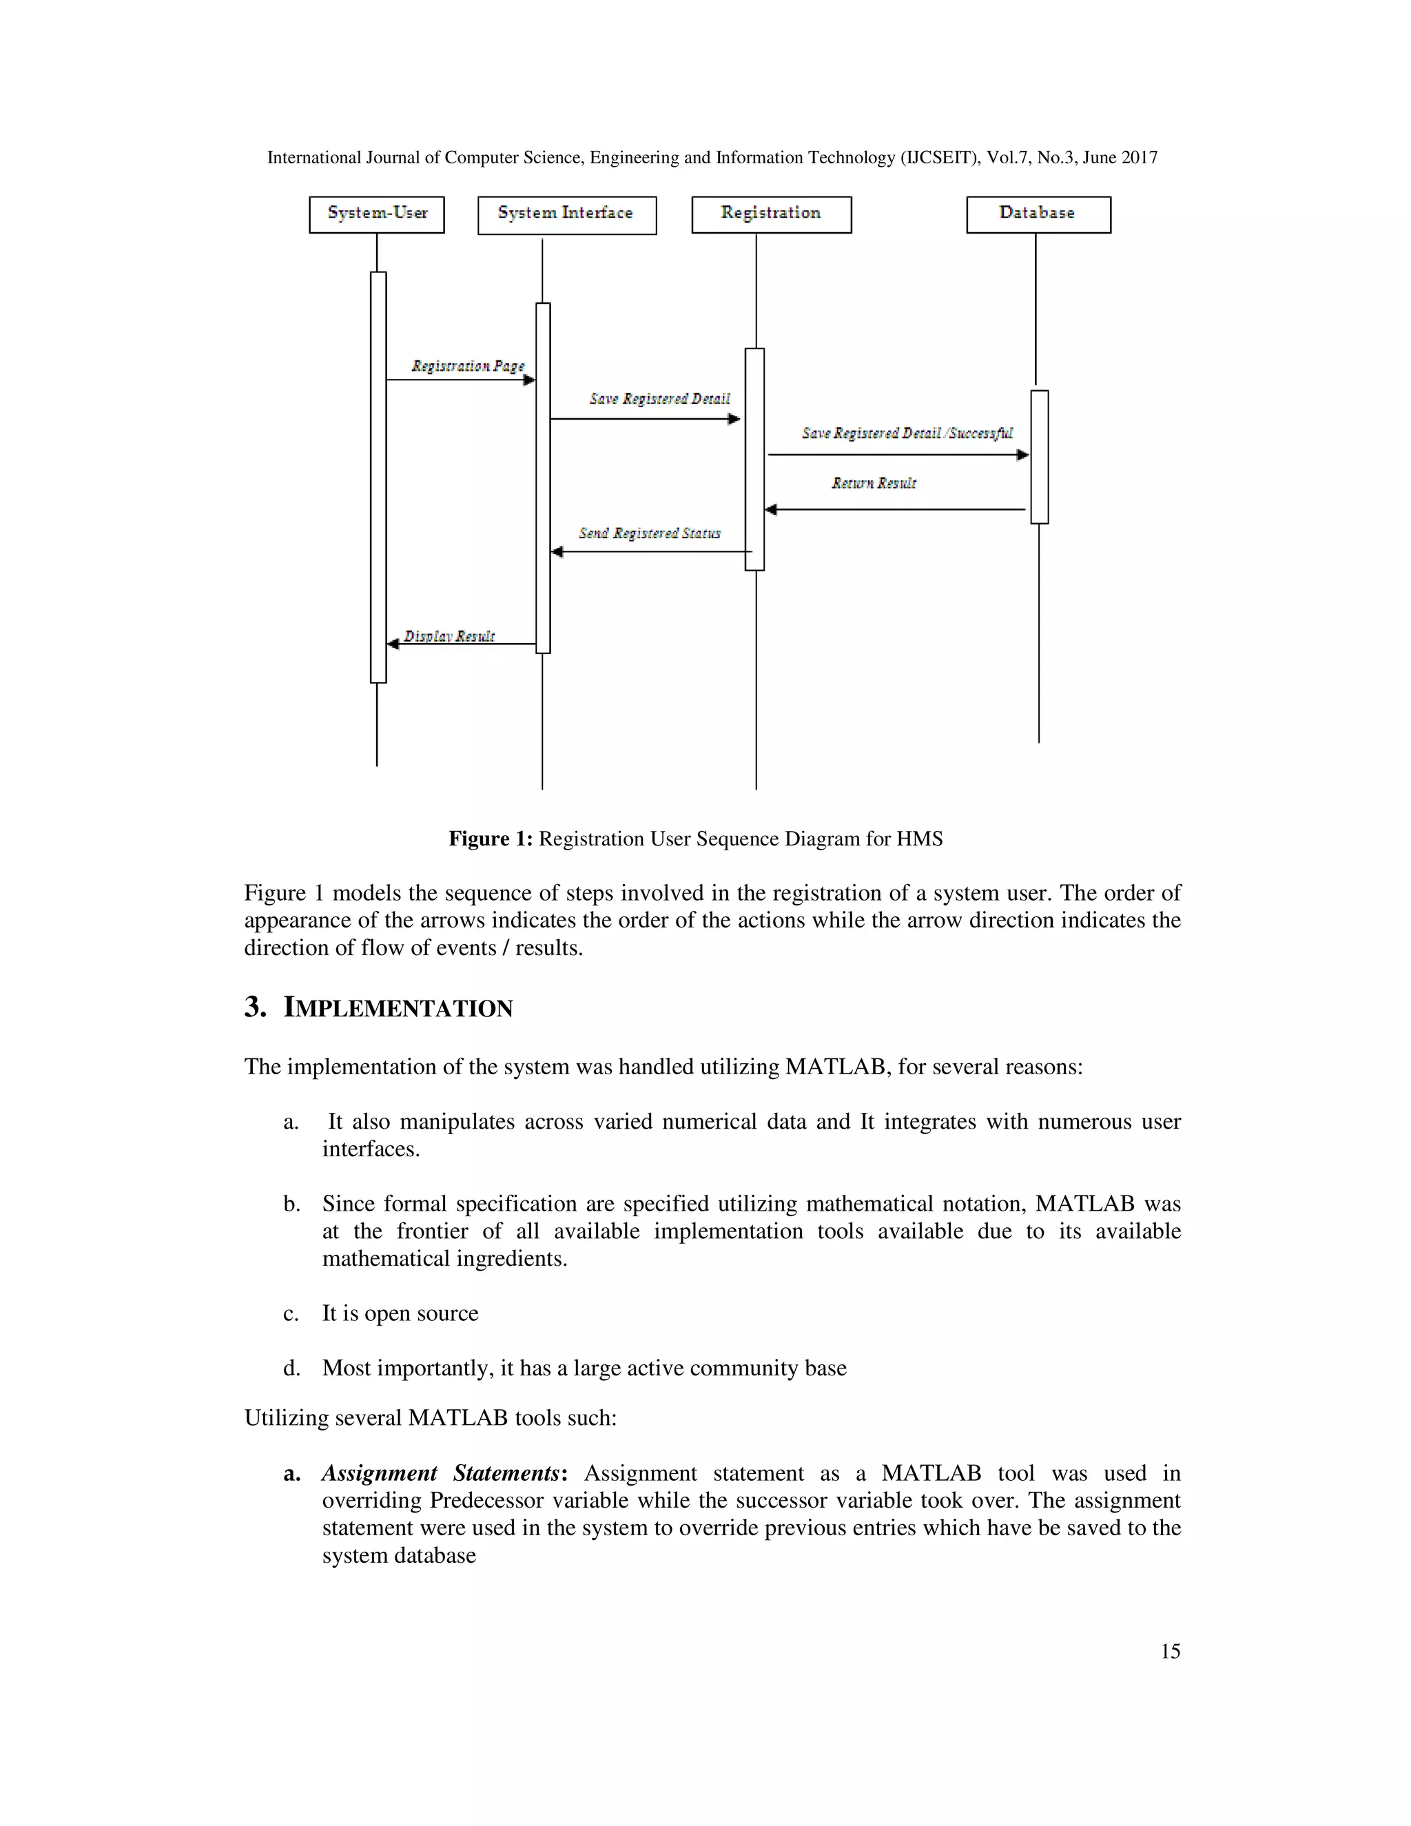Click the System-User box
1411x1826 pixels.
pos(376,214)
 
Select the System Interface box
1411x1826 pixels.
pos(567,215)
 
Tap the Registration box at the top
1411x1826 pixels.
pos(771,214)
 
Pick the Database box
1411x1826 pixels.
pos(1038,214)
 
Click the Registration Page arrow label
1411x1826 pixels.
pos(467,366)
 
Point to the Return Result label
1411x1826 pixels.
pos(874,483)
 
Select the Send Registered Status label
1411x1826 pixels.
pos(650,533)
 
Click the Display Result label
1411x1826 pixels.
pos(449,636)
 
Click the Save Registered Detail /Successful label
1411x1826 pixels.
pos(907,433)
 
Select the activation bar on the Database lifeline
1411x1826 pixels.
pos(1039,456)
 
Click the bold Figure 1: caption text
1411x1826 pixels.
pos(490,839)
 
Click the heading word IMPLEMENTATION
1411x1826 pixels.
pos(398,1008)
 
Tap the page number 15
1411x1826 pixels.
pos(1169,1651)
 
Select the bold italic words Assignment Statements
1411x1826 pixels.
pos(440,1473)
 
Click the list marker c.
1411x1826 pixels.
pos(290,1313)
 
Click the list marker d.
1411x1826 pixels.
pos(291,1368)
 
